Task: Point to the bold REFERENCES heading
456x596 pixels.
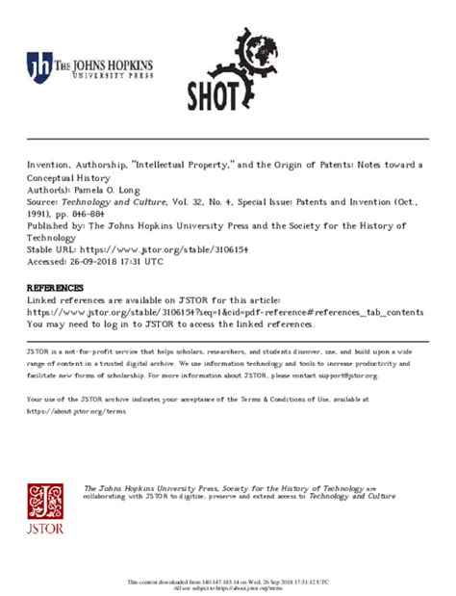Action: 55,288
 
